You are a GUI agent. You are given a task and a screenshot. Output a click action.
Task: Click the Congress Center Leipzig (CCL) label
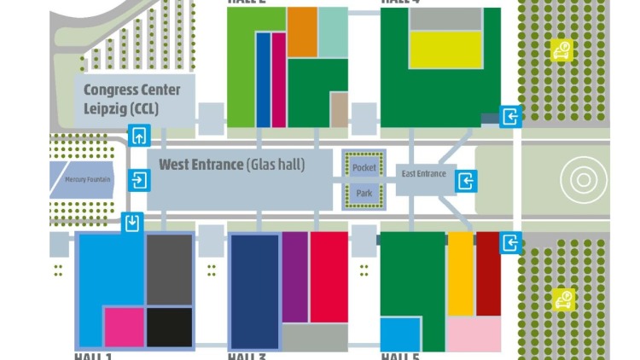tap(132, 99)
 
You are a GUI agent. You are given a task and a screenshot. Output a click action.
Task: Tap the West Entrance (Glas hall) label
tap(231, 165)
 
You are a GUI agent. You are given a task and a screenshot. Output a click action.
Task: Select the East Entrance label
tap(424, 174)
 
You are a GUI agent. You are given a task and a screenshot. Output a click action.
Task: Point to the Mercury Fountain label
tap(89, 180)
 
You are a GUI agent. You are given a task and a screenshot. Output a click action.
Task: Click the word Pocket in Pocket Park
tap(364, 168)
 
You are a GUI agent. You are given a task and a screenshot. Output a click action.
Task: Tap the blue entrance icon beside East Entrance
tap(466, 181)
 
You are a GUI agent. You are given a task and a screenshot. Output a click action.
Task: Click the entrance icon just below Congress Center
tap(139, 135)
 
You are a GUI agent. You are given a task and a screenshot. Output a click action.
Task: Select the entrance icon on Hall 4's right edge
tap(510, 117)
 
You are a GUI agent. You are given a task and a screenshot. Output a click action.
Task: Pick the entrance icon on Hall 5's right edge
tap(510, 242)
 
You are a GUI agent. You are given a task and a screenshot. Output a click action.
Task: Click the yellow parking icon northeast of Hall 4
tap(561, 50)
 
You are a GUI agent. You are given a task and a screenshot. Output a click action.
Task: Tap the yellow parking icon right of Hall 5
tap(563, 299)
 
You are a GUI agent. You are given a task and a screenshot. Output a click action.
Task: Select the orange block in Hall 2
tap(302, 32)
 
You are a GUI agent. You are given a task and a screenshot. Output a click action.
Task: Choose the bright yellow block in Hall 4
tap(445, 49)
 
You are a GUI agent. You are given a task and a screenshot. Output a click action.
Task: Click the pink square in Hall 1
tap(124, 328)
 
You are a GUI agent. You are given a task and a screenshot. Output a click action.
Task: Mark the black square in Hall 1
tap(169, 328)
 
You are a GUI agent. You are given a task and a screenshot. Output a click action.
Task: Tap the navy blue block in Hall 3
tap(254, 290)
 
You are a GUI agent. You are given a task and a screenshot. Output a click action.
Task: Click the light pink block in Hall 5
tap(474, 333)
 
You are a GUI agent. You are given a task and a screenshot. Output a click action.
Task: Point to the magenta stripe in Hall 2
tap(278, 79)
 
